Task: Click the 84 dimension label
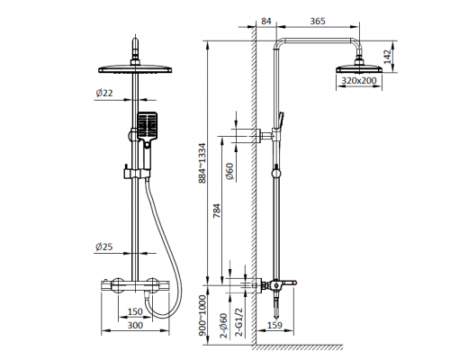[266, 21]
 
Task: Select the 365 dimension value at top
[318, 21]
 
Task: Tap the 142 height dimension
[388, 57]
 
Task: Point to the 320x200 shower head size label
[359, 80]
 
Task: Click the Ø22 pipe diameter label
[104, 93]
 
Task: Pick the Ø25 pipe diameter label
[104, 247]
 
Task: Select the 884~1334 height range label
[202, 163]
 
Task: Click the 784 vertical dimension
[217, 211]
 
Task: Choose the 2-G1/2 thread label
[240, 322]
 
